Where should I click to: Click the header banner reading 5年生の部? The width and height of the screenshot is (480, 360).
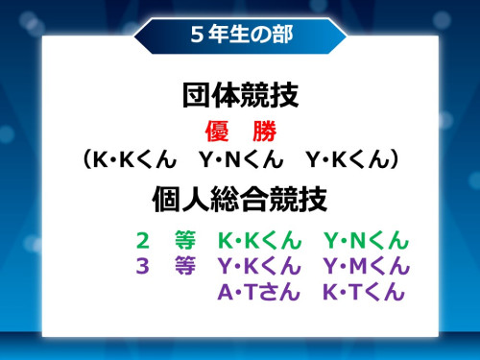coord(240,35)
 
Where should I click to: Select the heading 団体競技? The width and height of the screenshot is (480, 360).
coord(240,96)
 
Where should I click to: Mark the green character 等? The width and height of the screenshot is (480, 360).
coord(185,240)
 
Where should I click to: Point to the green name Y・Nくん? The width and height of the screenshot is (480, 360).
coord(366,240)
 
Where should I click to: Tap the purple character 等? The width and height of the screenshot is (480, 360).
coord(185,266)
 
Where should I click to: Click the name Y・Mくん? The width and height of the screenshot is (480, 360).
coord(366,266)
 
